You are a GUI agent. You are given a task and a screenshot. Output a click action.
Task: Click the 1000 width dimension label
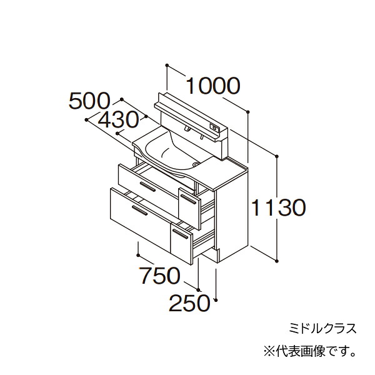tap(212, 86)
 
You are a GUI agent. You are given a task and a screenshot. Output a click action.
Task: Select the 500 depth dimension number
tap(89, 101)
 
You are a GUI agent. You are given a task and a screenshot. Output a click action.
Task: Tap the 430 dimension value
tap(118, 120)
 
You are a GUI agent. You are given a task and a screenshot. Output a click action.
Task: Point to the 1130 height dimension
tap(279, 207)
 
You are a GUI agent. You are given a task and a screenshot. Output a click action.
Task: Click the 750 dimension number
tap(159, 276)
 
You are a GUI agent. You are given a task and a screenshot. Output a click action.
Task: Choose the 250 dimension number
tap(189, 303)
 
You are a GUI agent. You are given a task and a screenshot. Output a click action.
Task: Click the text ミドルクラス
tap(322, 328)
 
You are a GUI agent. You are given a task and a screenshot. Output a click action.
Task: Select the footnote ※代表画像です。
tap(309, 352)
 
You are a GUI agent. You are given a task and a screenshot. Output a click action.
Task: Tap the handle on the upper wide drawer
tap(147, 187)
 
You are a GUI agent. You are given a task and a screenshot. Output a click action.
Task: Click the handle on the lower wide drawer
tap(139, 210)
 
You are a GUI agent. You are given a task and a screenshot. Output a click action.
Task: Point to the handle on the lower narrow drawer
tap(181, 234)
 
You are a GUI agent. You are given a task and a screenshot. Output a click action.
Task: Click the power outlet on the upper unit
tap(214, 127)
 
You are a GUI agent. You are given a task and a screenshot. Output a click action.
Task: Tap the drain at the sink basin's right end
tap(196, 164)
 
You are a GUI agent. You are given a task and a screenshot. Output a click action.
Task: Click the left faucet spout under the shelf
tap(187, 129)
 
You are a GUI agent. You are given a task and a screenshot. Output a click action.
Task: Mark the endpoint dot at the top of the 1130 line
tap(277, 156)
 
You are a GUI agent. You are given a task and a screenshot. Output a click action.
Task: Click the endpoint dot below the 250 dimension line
tap(216, 299)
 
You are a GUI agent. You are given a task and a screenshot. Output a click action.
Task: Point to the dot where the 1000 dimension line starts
tap(167, 65)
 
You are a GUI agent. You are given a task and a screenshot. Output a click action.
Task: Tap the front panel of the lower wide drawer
tap(141, 219)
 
